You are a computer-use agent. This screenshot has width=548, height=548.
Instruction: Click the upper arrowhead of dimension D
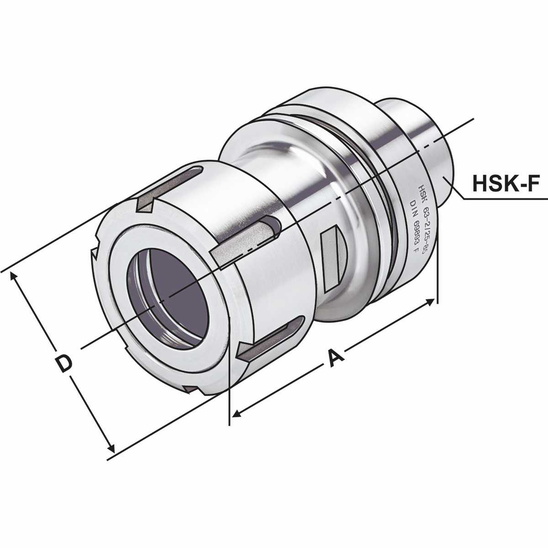13,276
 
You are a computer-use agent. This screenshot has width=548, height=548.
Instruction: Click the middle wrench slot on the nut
247,240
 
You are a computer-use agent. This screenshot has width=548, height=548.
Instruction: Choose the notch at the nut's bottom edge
192,390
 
